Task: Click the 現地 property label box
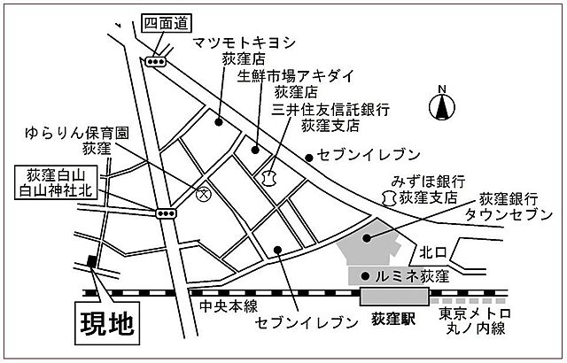pos(107,323)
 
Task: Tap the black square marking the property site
pos(92,261)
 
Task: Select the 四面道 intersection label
pos(167,24)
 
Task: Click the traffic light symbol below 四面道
pos(156,62)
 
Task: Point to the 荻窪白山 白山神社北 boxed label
pos(56,182)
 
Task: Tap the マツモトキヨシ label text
pos(245,42)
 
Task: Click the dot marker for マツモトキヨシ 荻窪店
pos(218,122)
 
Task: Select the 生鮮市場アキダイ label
pos(295,76)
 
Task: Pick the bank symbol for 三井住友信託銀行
pos(268,178)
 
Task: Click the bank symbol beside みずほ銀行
pos(389,198)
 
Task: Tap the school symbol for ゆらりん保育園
pos(202,194)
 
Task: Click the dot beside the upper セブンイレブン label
pos(309,158)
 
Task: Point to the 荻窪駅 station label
pos(393,319)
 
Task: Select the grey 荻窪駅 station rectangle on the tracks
pos(394,297)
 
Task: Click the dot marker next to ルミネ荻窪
pos(366,276)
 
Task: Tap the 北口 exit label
pos(433,252)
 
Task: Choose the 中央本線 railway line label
pos(229,306)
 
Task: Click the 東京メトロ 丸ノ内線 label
pos(476,321)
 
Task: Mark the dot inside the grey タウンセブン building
pos(367,237)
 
